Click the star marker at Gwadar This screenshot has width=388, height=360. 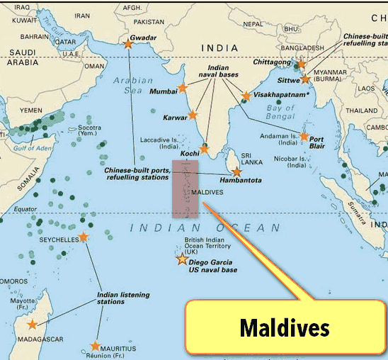click(128, 44)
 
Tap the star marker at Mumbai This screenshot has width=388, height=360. click(183, 89)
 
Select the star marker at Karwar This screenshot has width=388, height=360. click(193, 115)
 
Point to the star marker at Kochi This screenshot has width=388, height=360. click(205, 149)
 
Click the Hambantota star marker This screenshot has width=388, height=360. click(236, 172)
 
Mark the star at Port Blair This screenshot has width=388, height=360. click(304, 136)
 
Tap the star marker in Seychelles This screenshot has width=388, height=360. click(84, 237)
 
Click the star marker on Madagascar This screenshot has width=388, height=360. click(33, 325)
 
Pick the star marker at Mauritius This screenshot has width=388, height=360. click(96, 347)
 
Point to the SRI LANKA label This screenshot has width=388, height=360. click(251, 158)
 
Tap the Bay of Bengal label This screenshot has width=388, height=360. click(281, 111)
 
